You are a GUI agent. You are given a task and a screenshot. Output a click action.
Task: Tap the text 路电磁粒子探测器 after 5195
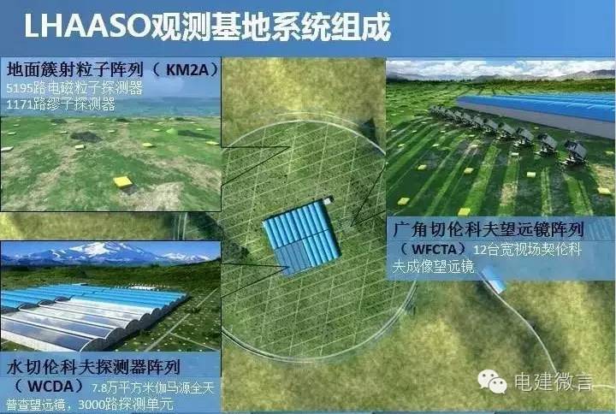80,87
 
